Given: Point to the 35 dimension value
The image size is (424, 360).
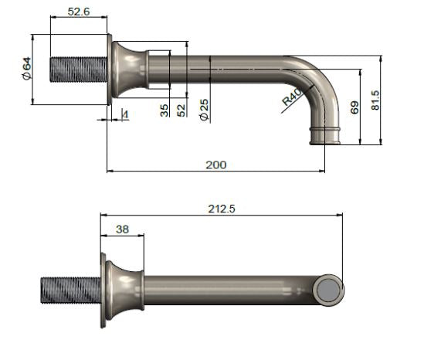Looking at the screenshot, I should point(165,109).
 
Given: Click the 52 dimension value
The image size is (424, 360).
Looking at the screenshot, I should point(181,109).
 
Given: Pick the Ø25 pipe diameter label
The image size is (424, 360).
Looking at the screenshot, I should point(203,108).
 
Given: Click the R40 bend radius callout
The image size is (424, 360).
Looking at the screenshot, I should point(293,98).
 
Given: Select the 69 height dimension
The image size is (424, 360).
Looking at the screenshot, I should point(354,107).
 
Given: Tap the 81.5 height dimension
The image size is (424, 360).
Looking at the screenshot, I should point(375,100).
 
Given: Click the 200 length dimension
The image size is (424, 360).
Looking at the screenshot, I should point(216,164).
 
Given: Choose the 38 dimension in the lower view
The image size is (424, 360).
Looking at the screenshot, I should point(122,229).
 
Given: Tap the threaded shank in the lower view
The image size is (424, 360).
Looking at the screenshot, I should point(69,289).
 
